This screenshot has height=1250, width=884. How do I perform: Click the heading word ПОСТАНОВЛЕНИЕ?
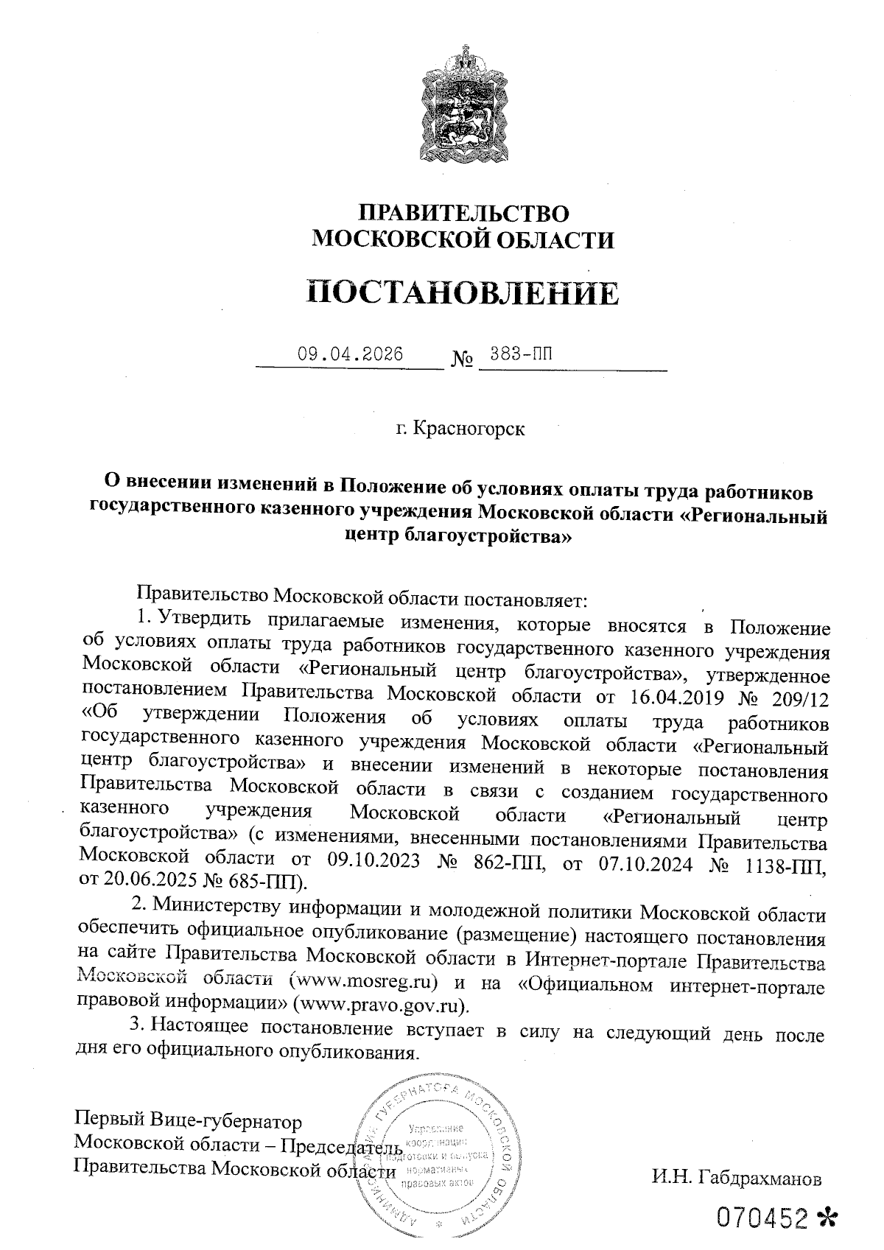pos(463,292)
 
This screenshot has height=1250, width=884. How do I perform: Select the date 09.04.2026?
pos(351,354)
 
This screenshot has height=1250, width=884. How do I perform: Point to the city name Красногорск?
pos(470,428)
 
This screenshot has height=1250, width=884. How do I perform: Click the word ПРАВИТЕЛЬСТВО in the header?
pos(464,214)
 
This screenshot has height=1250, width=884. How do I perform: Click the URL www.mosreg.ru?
pos(366,983)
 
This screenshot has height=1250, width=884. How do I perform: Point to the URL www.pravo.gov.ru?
pos(380,1004)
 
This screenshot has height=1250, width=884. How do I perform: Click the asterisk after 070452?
pos(832,1220)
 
